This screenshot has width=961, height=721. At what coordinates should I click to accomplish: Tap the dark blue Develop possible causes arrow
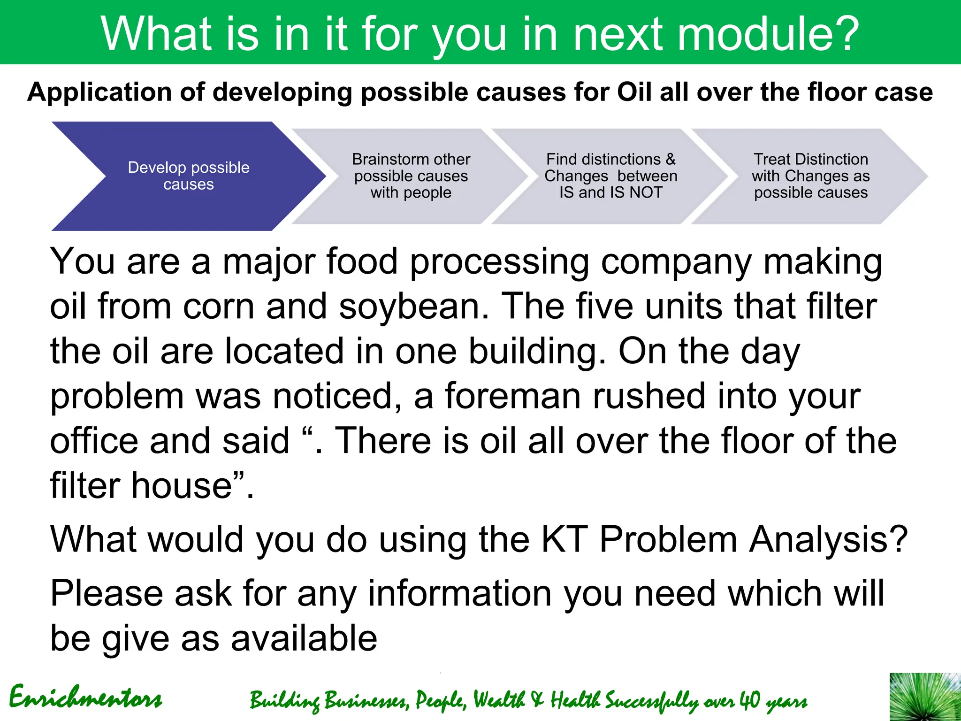(188, 176)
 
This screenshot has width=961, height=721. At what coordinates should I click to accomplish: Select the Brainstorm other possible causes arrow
(411, 176)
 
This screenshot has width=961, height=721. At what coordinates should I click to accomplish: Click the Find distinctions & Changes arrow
(610, 176)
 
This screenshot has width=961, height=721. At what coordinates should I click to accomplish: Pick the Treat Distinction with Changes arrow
(810, 176)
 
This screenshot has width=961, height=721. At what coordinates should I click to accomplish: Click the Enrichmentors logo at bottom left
(85, 698)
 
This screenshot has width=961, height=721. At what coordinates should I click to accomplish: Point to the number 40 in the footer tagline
(749, 700)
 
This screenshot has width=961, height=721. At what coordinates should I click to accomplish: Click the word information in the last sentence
(459, 593)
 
